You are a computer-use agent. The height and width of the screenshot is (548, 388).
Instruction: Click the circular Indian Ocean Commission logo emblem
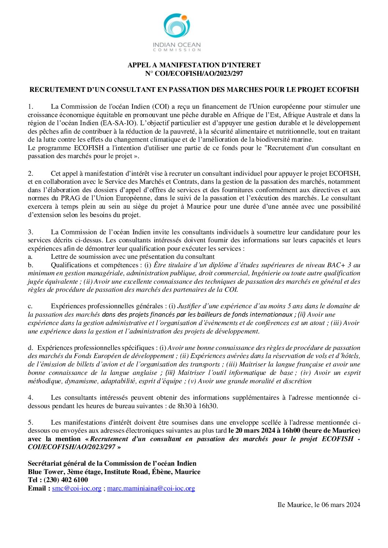tap(176, 26)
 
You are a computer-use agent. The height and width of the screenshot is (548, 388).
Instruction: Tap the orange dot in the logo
tap(184, 17)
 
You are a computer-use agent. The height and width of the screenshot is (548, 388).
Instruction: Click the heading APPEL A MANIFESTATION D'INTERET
tap(194, 65)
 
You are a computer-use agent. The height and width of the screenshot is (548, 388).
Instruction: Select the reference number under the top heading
tap(194, 74)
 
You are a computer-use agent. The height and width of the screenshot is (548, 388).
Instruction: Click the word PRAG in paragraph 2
tap(70, 198)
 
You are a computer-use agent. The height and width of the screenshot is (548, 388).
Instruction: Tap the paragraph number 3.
tap(30, 232)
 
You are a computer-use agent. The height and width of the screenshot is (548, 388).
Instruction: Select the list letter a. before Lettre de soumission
tap(30, 257)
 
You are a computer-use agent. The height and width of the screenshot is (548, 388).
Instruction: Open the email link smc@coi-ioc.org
tap(77, 488)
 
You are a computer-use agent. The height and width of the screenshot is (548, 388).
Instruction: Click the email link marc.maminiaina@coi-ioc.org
tap(151, 488)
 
